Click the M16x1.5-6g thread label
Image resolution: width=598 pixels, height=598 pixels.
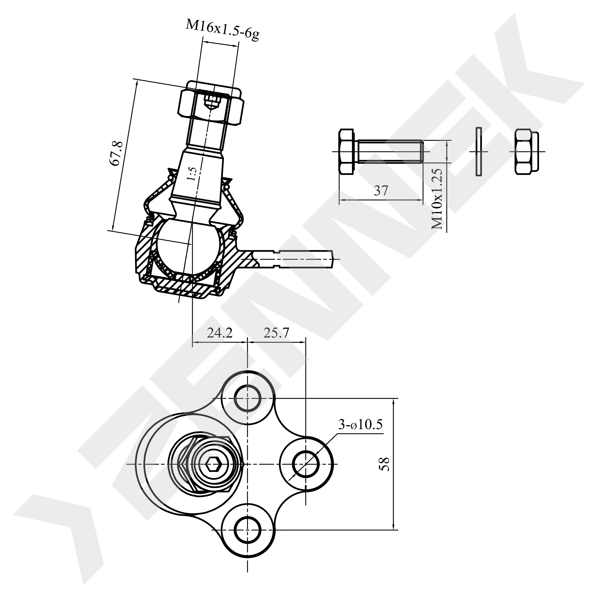coord(222,30)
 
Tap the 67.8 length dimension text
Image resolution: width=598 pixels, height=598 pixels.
coord(118,154)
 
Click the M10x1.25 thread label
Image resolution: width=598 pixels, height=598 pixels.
coord(437,199)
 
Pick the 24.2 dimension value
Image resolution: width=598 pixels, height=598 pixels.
coord(219,333)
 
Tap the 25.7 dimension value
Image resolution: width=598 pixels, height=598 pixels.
coord(276,333)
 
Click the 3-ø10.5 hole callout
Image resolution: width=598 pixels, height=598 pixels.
coord(360,425)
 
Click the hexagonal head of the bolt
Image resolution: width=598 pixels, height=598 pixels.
coord(347,152)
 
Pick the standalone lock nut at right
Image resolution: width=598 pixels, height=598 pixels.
coord(526,152)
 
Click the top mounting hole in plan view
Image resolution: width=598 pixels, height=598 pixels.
coord(247,398)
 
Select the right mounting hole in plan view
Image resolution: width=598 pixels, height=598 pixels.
coord(306,464)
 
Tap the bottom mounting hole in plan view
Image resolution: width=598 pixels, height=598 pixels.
coord(247,530)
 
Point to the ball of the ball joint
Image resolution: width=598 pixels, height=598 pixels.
coord(189,244)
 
